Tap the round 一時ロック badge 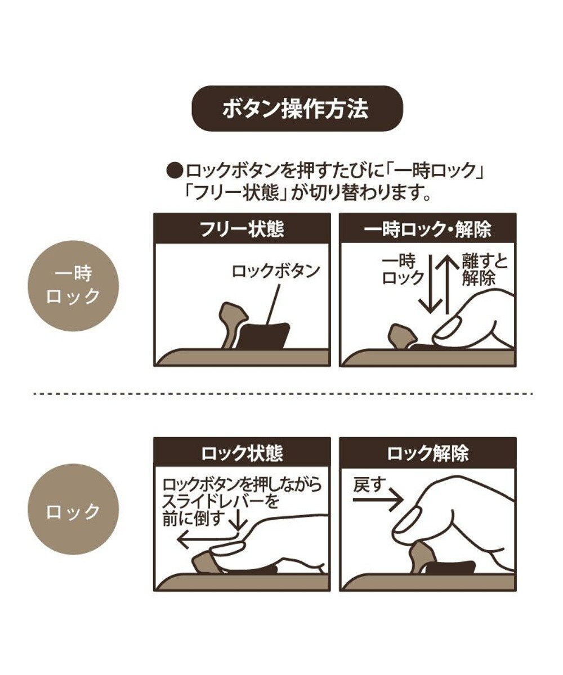click(x=73, y=286)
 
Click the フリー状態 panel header click(x=242, y=229)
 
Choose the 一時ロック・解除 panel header click(x=427, y=229)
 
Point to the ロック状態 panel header click(x=242, y=453)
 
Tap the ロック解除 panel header click(x=427, y=453)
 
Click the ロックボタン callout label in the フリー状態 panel click(x=276, y=271)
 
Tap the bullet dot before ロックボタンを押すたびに click(x=176, y=169)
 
